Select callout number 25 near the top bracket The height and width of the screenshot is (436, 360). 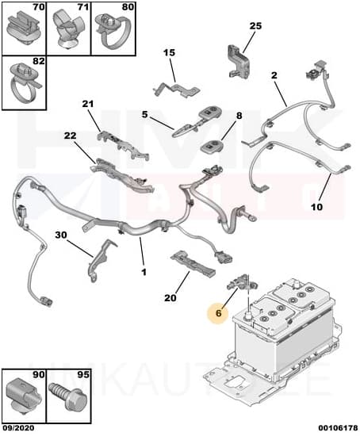pos(255,26)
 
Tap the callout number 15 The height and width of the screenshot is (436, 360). pos(169,53)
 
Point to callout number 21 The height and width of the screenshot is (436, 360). pos(87,105)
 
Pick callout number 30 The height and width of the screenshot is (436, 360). pos(61,235)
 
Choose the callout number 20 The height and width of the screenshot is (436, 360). pos(169,298)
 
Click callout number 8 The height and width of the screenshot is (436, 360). pos(239,116)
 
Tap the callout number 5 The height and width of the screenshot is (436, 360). pos(145,114)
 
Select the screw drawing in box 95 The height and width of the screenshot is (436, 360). pos(66,395)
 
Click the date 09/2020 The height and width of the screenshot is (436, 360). pos(18,427)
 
